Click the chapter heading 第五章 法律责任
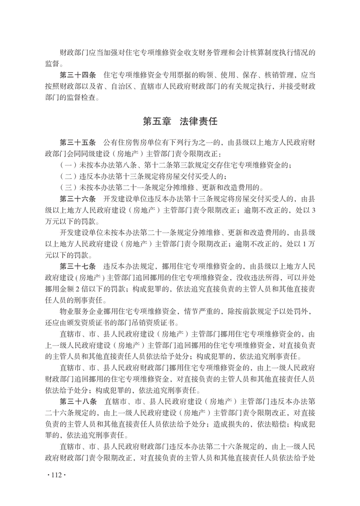tap(180, 122)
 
